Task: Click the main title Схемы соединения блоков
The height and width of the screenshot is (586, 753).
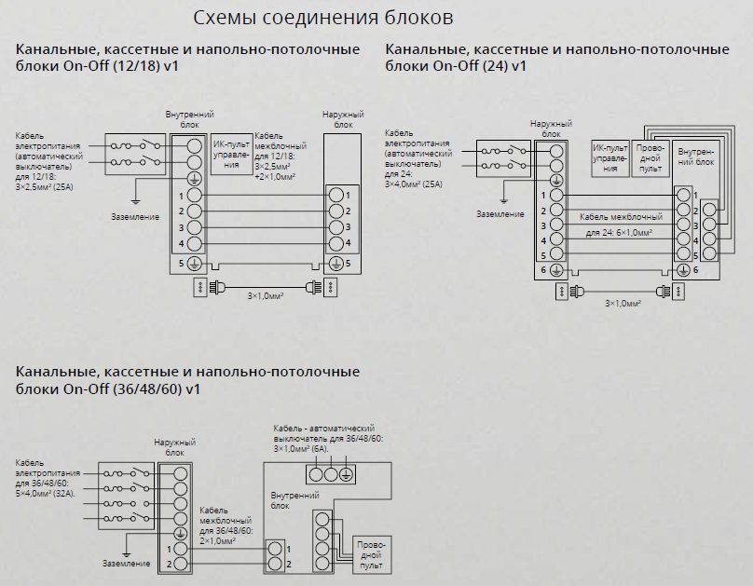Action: click(x=323, y=18)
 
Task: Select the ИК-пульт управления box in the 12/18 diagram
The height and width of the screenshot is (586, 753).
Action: click(x=231, y=154)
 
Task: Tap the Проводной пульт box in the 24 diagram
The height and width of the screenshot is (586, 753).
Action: click(x=650, y=158)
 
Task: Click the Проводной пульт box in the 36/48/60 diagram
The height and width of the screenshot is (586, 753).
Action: click(x=372, y=555)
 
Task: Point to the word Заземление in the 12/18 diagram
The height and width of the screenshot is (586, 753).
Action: click(x=135, y=217)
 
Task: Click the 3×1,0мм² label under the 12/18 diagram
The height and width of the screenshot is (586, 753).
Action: click(x=266, y=296)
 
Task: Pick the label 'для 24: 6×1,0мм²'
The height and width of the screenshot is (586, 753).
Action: click(x=619, y=233)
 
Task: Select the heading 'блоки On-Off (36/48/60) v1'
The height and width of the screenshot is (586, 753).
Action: click(x=107, y=388)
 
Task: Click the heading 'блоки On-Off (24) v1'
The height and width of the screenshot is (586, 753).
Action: click(x=456, y=65)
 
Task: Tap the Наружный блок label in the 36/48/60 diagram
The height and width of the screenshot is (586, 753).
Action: click(x=175, y=447)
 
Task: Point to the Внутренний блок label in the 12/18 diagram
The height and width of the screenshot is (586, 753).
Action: click(x=190, y=119)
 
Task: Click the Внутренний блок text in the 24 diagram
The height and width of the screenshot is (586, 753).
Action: click(x=696, y=157)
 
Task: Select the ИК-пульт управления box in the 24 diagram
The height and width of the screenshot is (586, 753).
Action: click(x=609, y=158)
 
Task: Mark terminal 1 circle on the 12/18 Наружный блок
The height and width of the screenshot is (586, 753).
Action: click(x=336, y=196)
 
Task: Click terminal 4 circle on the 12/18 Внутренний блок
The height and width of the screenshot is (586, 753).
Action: click(x=194, y=244)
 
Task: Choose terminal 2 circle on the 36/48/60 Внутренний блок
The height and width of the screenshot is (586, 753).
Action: click(x=275, y=565)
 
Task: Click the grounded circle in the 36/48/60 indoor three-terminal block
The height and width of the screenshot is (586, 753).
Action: click(x=347, y=474)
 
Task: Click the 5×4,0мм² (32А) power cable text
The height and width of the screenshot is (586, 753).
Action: click(x=46, y=494)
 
